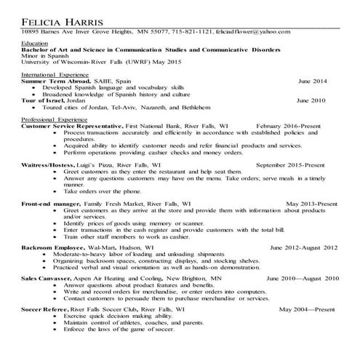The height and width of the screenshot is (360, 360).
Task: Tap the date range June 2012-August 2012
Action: pyautogui.click(x=305, y=248)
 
